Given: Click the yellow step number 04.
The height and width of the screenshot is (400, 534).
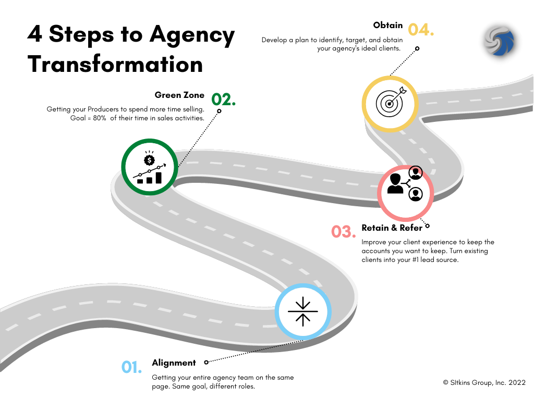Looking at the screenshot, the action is (x=420, y=30).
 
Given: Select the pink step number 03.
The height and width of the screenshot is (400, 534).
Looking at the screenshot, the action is (x=344, y=231).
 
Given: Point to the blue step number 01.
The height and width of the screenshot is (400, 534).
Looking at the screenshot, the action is (x=132, y=367).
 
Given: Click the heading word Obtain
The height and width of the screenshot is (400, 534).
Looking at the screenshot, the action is (x=388, y=25).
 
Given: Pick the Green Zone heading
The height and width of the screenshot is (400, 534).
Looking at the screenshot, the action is (x=179, y=95).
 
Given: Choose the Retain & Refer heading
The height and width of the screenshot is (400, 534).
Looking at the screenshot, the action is (x=392, y=228).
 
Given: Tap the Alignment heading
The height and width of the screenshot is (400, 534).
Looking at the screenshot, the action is (x=174, y=362).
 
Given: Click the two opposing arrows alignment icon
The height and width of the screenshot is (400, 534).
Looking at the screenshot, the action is (x=303, y=312).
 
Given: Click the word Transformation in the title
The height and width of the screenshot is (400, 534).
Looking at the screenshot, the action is (x=115, y=65).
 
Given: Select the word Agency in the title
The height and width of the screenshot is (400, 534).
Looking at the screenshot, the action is (x=192, y=35).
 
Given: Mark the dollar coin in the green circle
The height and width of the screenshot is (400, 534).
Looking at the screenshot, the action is (x=150, y=160).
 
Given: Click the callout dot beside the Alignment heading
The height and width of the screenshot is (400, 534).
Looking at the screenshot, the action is (x=206, y=362).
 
